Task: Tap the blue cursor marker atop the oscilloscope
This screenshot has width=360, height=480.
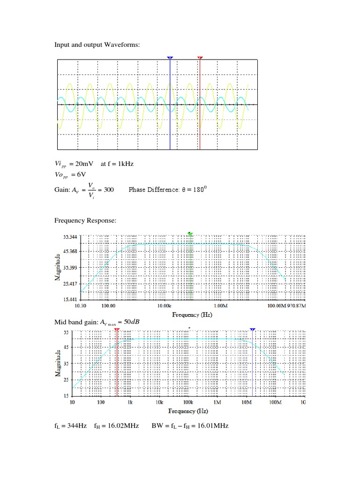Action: click(x=170, y=58)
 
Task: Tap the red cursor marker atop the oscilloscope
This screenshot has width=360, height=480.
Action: click(x=200, y=58)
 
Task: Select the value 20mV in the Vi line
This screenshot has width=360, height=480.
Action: click(x=85, y=164)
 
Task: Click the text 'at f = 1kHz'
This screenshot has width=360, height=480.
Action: click(x=117, y=164)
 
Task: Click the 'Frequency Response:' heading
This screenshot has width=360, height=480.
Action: click(x=85, y=220)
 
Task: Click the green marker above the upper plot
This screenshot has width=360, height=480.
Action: click(x=190, y=233)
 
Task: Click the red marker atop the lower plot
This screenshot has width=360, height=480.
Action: click(x=117, y=330)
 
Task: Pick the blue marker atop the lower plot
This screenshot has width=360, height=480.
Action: click(x=253, y=330)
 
